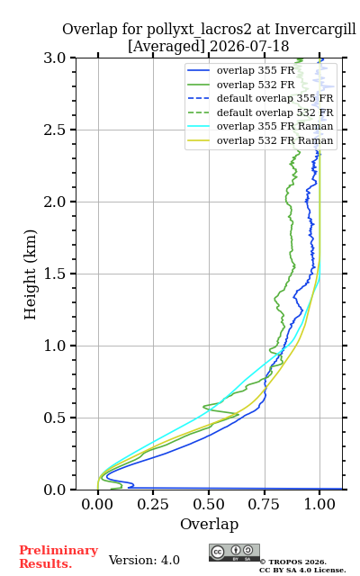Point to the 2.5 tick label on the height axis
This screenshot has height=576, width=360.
click(55, 130)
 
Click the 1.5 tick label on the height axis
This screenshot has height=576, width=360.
click(55, 274)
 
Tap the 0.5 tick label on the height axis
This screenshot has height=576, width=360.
click(55, 418)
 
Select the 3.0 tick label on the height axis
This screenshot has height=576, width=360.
click(55, 58)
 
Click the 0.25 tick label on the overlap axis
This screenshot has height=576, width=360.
click(153, 504)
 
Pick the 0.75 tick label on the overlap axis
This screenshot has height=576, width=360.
click(264, 504)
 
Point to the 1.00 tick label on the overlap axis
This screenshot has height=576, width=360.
click(319, 504)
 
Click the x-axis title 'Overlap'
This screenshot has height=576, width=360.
click(210, 524)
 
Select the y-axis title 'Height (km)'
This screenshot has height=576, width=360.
click(31, 274)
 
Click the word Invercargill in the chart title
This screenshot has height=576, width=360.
click(316, 30)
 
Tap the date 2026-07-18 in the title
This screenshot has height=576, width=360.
click(249, 46)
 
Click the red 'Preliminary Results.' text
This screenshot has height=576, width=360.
click(58, 557)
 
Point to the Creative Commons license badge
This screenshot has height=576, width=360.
click(234, 553)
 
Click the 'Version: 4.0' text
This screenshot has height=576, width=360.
click(144, 560)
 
